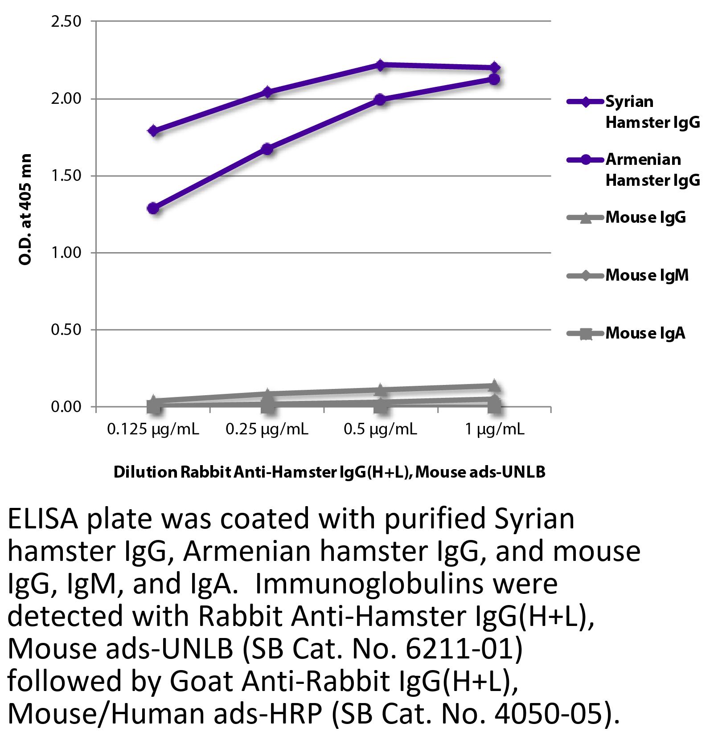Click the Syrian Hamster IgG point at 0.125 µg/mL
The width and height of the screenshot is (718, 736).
(x=154, y=131)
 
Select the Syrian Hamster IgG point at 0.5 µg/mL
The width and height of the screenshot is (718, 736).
(x=380, y=65)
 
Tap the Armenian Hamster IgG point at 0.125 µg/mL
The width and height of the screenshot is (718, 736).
(x=153, y=208)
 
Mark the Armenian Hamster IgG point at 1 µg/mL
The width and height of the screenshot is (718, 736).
(x=494, y=79)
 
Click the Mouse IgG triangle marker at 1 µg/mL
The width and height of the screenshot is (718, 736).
(x=494, y=386)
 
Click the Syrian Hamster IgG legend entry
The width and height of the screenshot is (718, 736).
(x=633, y=112)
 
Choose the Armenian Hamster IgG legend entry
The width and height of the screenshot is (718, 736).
(x=633, y=170)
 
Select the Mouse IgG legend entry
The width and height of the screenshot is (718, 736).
(x=626, y=217)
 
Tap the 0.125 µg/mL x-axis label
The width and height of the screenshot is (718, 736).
(x=153, y=429)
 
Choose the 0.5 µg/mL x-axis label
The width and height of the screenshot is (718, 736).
(x=380, y=429)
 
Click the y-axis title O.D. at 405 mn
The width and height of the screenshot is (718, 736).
(x=26, y=209)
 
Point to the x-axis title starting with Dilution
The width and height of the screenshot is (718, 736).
(x=329, y=472)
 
